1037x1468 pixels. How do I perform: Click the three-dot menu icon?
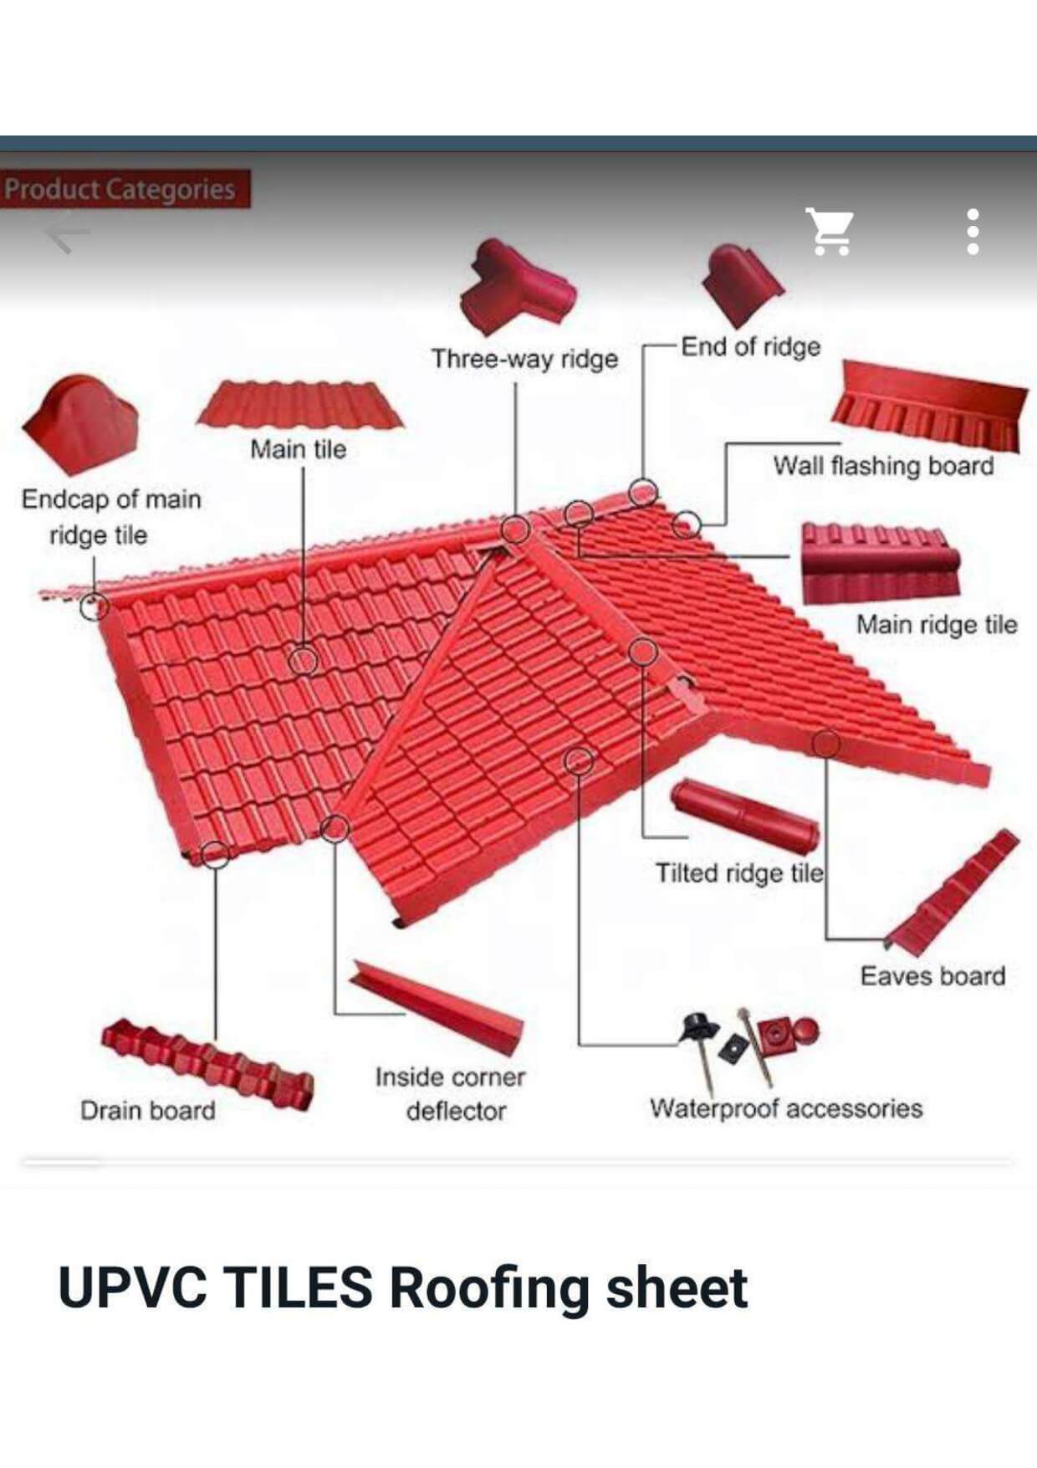point(973,232)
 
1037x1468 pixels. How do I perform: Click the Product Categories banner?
point(125,189)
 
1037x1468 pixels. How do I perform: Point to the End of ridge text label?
point(750,346)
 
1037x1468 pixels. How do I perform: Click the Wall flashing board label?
point(883,465)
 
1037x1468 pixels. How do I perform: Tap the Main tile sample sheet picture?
point(299,405)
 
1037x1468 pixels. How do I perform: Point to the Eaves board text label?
point(932,976)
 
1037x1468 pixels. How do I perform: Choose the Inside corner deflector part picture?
point(437,1007)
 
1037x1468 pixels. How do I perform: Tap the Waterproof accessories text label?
point(786,1108)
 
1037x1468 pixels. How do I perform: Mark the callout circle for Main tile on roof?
point(303,661)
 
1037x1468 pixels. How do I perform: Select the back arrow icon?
point(67,232)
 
